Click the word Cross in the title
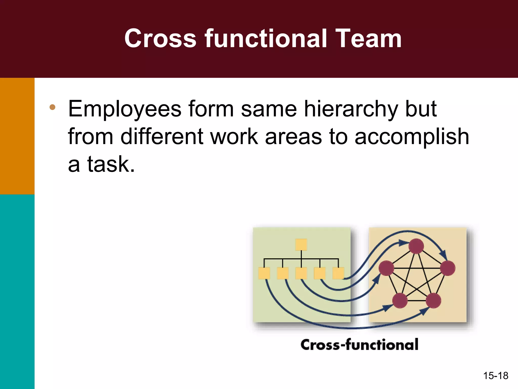click(160, 38)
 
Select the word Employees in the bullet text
click(125, 109)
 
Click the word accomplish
click(412, 137)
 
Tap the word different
click(162, 137)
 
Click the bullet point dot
click(53, 107)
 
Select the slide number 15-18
click(495, 376)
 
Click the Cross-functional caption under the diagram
click(359, 345)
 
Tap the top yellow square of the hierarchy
click(301, 245)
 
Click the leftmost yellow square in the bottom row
click(264, 274)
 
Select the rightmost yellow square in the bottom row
click(338, 274)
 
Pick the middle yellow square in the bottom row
click(301, 274)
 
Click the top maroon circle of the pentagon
click(416, 246)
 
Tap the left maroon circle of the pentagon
click(386, 268)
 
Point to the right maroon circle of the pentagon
click(448, 268)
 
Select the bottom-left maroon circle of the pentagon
click(400, 301)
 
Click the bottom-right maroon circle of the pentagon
click(434, 301)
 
